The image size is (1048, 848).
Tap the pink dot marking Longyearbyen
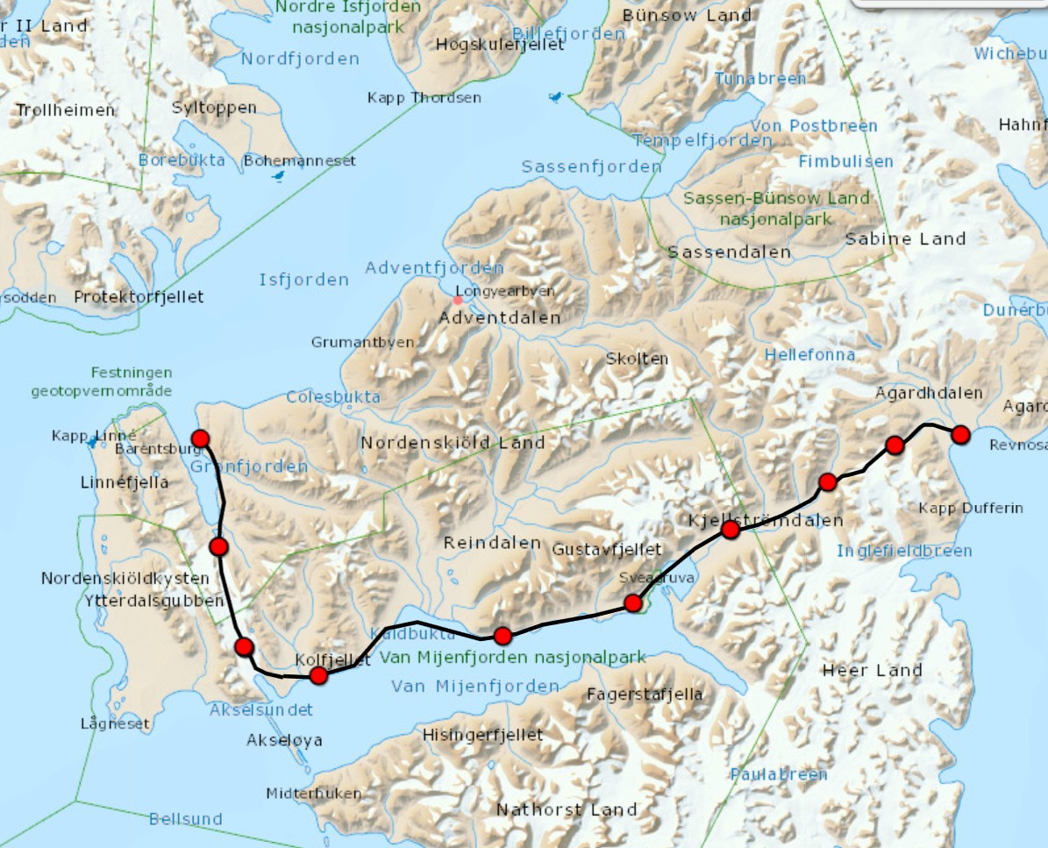[458, 301]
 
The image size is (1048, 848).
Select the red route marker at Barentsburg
[200, 438]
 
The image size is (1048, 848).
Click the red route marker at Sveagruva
[632, 602]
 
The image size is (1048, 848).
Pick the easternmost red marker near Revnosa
[960, 434]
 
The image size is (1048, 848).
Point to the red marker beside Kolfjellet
[318, 675]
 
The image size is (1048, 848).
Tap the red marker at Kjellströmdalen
[730, 530]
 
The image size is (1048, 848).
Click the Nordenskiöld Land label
[453, 443]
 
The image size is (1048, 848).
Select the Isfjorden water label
[303, 280]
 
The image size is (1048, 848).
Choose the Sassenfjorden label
[591, 167]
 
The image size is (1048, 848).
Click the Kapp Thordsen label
[424, 97]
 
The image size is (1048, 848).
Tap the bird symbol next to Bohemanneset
[279, 177]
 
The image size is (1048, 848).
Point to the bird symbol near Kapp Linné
[91, 444]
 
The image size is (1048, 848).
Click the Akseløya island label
[284, 740]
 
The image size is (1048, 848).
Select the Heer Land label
[872, 671]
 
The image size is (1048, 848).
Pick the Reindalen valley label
[492, 543]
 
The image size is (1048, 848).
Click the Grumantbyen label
[362, 342]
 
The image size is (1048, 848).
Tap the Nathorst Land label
[567, 809]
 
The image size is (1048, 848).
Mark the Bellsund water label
[185, 819]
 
